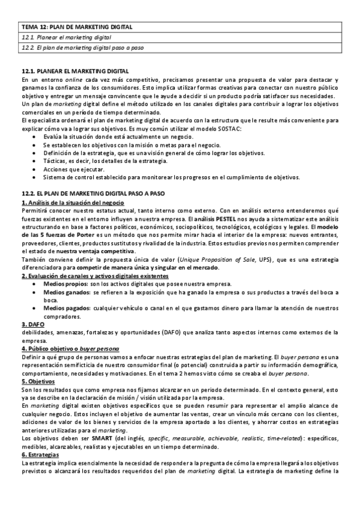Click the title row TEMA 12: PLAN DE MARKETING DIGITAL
pos(76,27)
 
